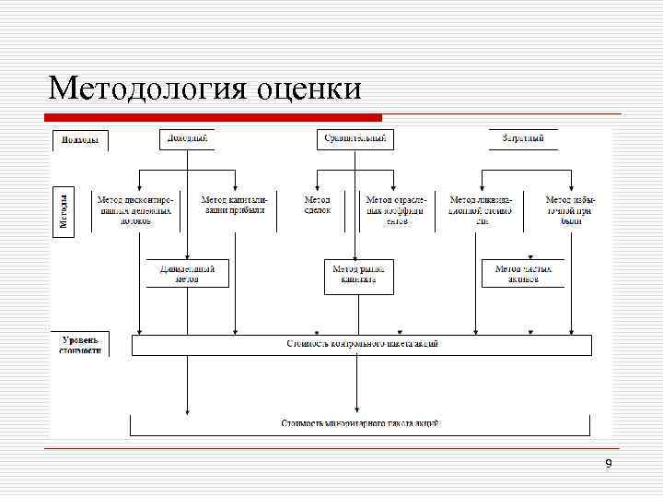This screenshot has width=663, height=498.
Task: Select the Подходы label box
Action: pyautogui.click(x=80, y=140)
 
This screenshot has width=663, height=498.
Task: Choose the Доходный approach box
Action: pyautogui.click(x=187, y=138)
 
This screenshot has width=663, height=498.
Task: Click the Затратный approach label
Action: pyautogui.click(x=522, y=138)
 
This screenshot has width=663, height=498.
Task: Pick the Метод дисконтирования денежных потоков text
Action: pyautogui.click(x=136, y=209)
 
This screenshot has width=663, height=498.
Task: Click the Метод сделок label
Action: pyautogui.click(x=318, y=204)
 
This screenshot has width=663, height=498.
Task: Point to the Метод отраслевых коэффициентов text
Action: pyautogui.click(x=395, y=209)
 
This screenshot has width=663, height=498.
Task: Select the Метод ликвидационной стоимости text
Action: pyautogui.click(x=482, y=209)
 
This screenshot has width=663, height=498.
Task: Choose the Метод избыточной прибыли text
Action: pyautogui.click(x=571, y=209)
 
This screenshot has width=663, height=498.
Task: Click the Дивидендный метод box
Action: pyautogui.click(x=187, y=273)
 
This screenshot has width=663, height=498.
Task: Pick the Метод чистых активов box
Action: pyautogui.click(x=523, y=273)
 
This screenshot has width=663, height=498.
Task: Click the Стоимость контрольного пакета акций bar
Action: pyautogui.click(x=361, y=344)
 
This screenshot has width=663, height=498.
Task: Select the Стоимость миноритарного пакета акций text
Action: pyautogui.click(x=360, y=423)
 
